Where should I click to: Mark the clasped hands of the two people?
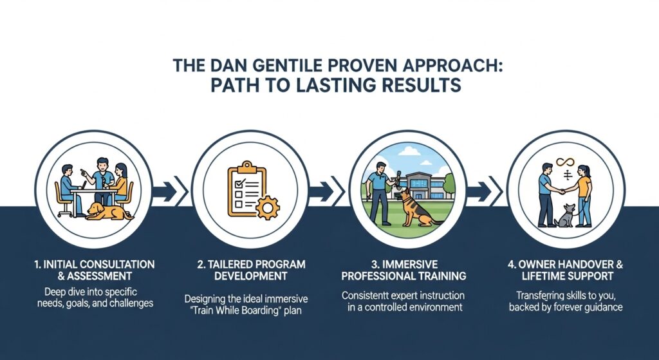click(560, 191)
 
